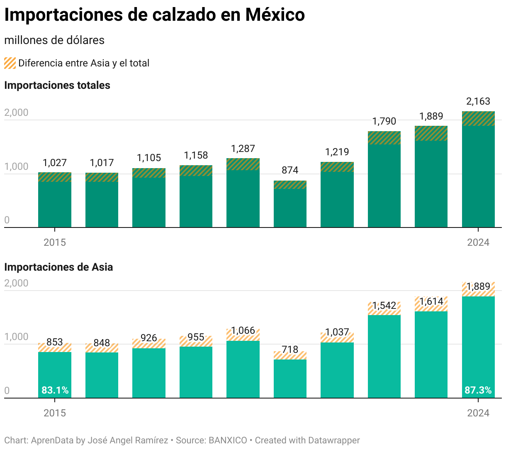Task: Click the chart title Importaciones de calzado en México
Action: pos(154,15)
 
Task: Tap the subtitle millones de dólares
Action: pos(54,40)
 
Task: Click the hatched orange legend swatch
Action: pos(10,63)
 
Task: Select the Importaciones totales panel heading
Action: pos(57,86)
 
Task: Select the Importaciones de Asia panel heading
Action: pos(58,267)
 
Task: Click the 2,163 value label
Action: pos(478,101)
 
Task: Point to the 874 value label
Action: pos(290,170)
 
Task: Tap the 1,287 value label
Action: pos(243,149)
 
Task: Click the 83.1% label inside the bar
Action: pos(55,390)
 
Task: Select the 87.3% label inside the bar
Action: pos(478,390)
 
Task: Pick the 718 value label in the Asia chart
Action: pos(290,350)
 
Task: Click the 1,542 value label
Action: pos(384,306)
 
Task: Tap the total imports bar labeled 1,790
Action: pos(384,183)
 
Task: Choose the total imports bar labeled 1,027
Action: pos(55,203)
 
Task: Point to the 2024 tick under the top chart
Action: pos(478,242)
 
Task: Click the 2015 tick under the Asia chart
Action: pos(55,413)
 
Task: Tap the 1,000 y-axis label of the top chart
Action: pos(16,166)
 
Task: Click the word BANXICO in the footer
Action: pos(228,440)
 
